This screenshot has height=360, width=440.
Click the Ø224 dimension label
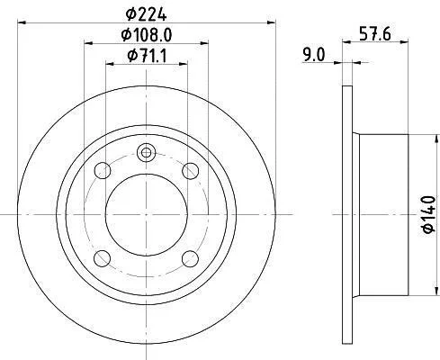[x=146, y=14]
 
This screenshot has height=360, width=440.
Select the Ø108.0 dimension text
[x=147, y=35]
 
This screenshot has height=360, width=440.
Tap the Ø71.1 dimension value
[x=147, y=56]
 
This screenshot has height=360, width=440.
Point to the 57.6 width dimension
[x=375, y=33]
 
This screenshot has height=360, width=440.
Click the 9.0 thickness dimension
[x=314, y=55]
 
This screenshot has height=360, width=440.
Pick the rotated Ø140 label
[x=428, y=214]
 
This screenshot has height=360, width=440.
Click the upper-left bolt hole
[x=103, y=170]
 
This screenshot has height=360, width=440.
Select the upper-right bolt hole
[x=191, y=171]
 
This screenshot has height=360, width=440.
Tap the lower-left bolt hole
[x=103, y=258]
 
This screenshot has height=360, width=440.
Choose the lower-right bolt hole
[x=191, y=258]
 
